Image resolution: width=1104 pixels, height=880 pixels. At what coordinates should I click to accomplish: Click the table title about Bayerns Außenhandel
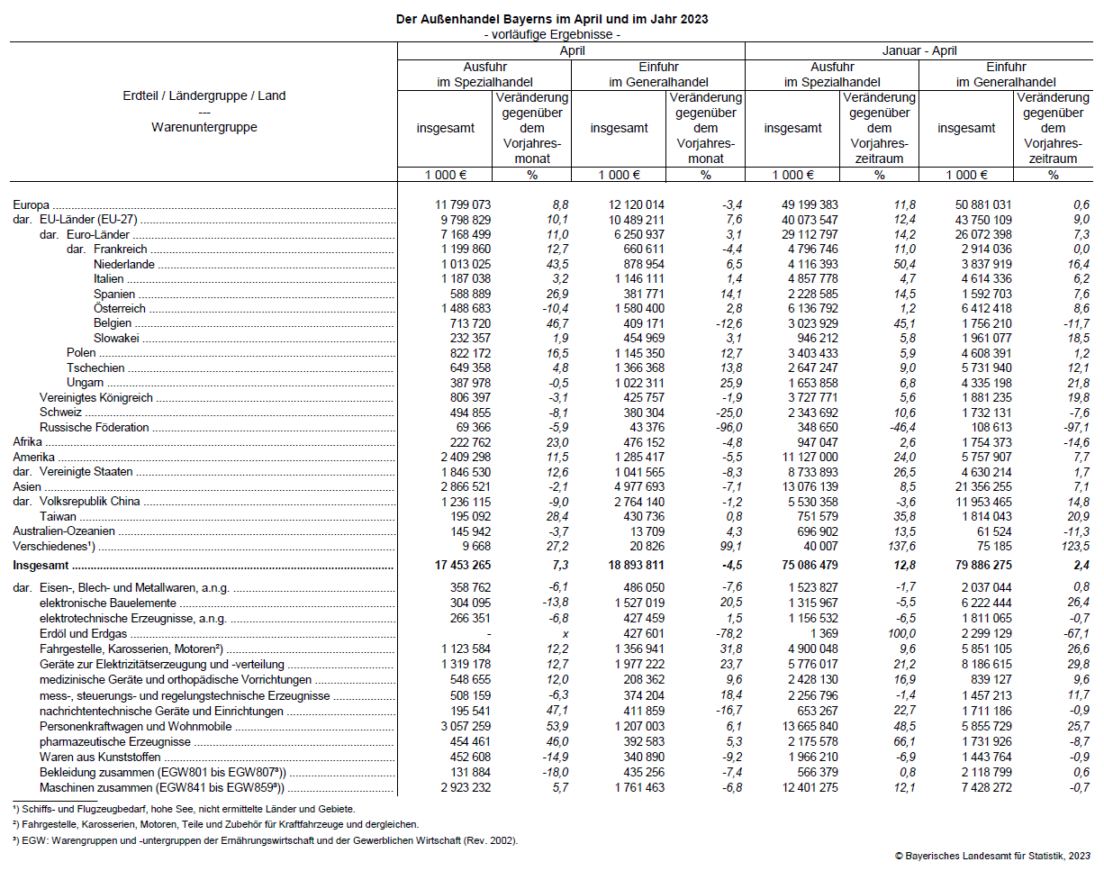pyautogui.click(x=552, y=19)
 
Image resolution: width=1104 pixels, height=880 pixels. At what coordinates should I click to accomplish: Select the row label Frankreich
pyautogui.click(x=120, y=249)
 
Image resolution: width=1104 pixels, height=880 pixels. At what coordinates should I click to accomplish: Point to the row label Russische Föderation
pyautogui.click(x=94, y=428)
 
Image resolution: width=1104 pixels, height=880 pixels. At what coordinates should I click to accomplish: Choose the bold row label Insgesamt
pyautogui.click(x=41, y=567)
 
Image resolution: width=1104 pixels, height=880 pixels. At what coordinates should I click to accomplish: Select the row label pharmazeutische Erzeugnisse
pyautogui.click(x=114, y=742)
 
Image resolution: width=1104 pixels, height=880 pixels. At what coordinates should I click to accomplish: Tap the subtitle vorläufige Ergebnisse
pyautogui.click(x=552, y=34)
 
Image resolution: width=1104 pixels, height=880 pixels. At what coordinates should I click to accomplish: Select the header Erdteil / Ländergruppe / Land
pyautogui.click(x=204, y=96)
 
